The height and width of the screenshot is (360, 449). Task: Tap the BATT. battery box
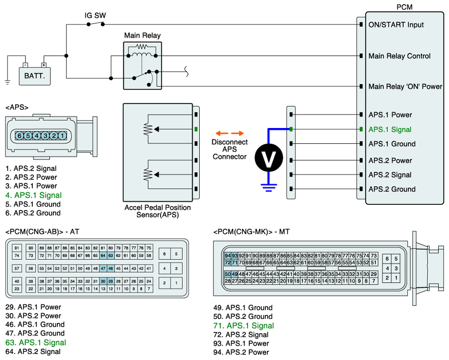(x=35, y=75)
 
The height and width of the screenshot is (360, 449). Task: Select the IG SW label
(x=95, y=15)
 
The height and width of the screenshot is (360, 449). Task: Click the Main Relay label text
(x=142, y=36)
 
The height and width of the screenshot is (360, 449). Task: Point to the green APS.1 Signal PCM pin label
(x=390, y=129)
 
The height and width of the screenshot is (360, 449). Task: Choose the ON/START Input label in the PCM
(x=396, y=24)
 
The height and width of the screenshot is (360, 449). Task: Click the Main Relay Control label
(x=399, y=56)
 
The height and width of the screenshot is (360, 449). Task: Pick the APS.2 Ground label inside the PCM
(x=392, y=189)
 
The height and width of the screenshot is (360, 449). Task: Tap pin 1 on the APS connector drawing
(x=62, y=136)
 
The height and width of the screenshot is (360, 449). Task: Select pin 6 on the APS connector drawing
(x=19, y=136)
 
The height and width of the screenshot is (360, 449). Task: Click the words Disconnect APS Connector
(x=229, y=149)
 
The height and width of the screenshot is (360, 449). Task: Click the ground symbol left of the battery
(x=7, y=82)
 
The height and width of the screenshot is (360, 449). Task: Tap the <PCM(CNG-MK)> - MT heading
(x=252, y=231)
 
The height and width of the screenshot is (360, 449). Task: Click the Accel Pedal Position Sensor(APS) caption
(x=157, y=211)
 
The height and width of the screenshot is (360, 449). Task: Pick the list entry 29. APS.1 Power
(x=33, y=307)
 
